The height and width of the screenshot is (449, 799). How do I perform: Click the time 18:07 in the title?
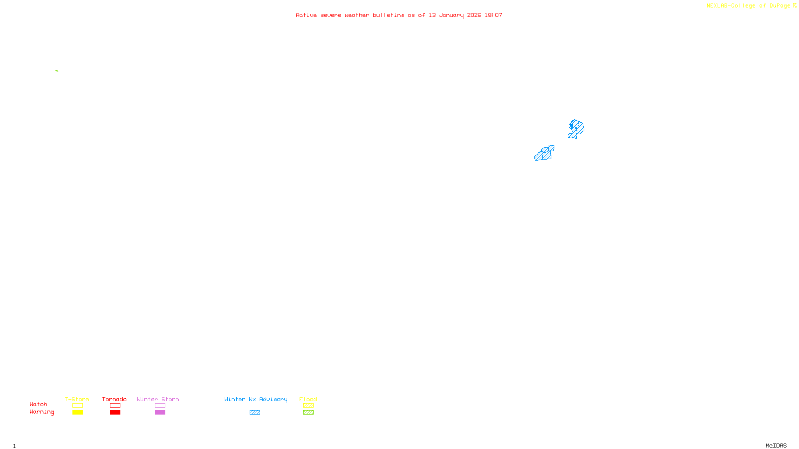tap(493, 15)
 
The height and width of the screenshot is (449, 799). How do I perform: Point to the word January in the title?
tap(451, 15)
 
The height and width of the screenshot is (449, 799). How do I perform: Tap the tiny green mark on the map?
tap(57, 71)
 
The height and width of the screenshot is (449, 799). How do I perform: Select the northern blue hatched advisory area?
tap(576, 128)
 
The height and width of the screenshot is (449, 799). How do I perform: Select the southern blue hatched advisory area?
tap(544, 153)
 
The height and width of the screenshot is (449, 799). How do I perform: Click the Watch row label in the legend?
tap(38, 404)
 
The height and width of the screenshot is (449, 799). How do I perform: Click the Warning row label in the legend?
tap(41, 412)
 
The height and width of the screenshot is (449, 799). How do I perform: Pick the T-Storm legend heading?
tap(77, 399)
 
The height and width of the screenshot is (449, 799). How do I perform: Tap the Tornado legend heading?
tap(114, 399)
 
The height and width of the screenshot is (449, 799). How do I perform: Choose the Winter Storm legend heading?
tap(158, 399)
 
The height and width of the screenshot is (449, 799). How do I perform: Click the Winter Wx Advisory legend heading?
tap(256, 399)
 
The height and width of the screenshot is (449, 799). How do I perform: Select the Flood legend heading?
tap(308, 399)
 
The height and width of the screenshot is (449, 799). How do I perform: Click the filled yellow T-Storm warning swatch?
tap(77, 412)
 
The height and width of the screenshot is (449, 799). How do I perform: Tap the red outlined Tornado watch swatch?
tap(115, 406)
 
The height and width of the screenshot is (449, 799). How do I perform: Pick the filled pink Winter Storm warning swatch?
tap(160, 412)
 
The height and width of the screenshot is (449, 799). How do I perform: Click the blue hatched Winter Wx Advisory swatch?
tap(255, 412)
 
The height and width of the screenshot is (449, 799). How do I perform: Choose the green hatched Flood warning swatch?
tap(308, 412)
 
